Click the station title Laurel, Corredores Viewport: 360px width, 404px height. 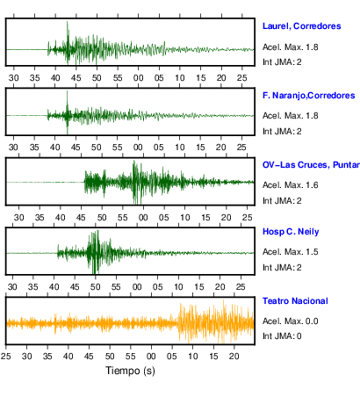click(302, 26)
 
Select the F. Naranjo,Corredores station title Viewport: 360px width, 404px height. click(309, 96)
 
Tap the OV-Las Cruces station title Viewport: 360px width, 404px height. click(311, 165)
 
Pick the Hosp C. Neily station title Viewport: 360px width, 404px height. click(291, 232)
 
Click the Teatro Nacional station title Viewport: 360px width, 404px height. click(295, 301)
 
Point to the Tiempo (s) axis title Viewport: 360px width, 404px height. click(130, 371)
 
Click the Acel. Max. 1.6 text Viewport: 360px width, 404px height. click(290, 185)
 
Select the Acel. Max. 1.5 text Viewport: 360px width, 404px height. click(290, 252)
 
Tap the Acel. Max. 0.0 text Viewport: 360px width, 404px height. click(290, 321)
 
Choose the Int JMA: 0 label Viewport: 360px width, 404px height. click(282, 335)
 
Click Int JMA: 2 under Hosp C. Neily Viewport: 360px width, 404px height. click(282, 267)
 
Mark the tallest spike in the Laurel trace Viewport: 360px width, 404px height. click(68, 22)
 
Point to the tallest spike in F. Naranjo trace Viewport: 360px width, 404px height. click(67, 90)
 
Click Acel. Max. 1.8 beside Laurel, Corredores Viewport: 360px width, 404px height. click(290, 47)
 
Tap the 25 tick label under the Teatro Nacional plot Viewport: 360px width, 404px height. click(6, 357)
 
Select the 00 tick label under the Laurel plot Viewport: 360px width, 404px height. click(139, 78)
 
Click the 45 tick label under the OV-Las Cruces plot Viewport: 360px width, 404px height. click(81, 218)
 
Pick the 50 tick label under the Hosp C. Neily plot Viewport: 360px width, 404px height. click(96, 286)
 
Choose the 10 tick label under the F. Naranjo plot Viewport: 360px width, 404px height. click(180, 148)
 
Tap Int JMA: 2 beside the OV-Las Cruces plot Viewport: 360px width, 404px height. click(282, 200)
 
